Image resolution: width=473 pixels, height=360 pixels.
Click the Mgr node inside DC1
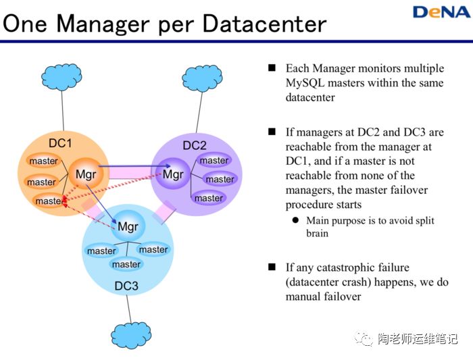(x=85, y=175)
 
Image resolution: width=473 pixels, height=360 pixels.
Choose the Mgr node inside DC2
(x=173, y=174)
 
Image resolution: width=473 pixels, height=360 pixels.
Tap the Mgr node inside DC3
(x=128, y=227)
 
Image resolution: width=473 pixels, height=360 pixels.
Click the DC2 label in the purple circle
(x=195, y=146)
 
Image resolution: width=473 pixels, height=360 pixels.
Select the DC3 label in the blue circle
(x=126, y=286)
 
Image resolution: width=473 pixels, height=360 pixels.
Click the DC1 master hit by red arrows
(x=48, y=201)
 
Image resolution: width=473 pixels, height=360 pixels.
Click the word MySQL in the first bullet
(x=306, y=83)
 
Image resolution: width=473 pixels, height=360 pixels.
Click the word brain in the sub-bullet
(x=317, y=234)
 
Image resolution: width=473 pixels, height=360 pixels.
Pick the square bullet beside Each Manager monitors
(x=272, y=68)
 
